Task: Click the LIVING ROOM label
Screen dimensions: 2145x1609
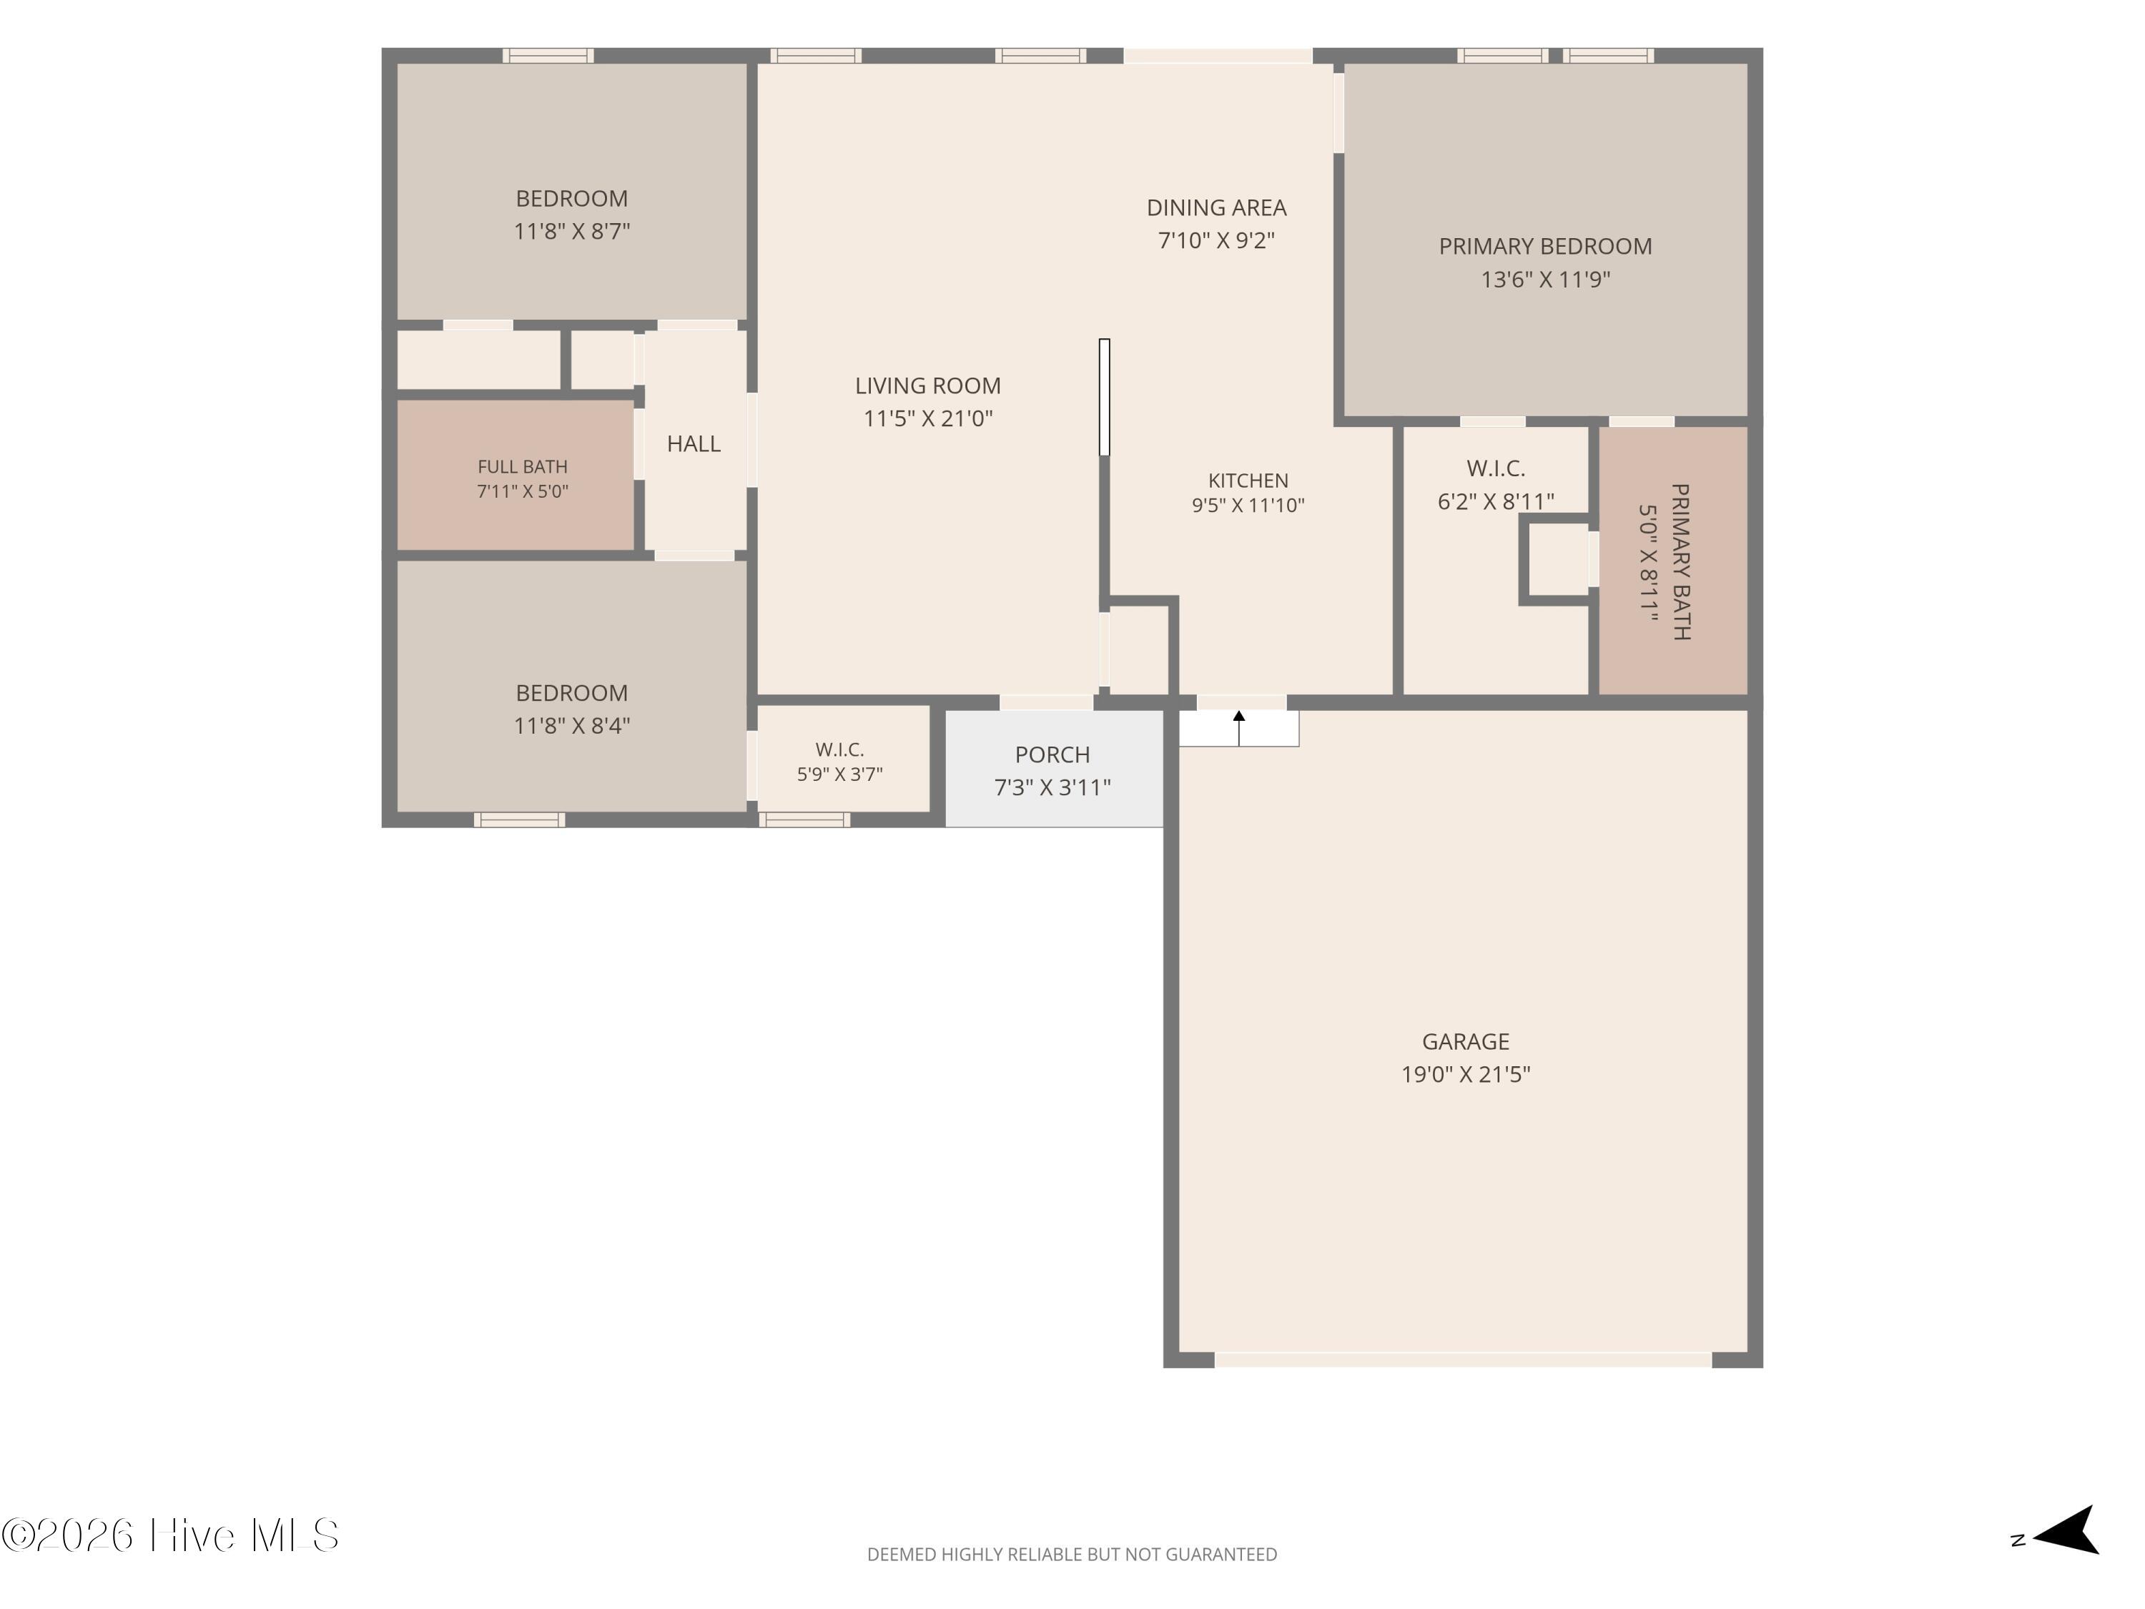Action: point(928,386)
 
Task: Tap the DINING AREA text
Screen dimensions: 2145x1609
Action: point(1216,207)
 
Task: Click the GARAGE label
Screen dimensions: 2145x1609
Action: point(1465,1042)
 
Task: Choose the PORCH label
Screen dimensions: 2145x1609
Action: point(1052,754)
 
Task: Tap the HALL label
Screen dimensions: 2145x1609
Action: point(694,444)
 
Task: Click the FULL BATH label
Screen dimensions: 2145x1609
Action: point(522,466)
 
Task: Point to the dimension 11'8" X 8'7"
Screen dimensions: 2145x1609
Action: point(571,232)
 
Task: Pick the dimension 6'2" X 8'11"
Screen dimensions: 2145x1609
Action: point(1495,501)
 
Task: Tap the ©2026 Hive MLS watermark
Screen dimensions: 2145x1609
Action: point(171,1535)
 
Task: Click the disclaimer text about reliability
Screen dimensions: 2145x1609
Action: point(1072,1555)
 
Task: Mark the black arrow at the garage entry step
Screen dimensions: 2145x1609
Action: point(1238,727)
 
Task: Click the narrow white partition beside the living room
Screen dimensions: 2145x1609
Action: point(1103,398)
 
